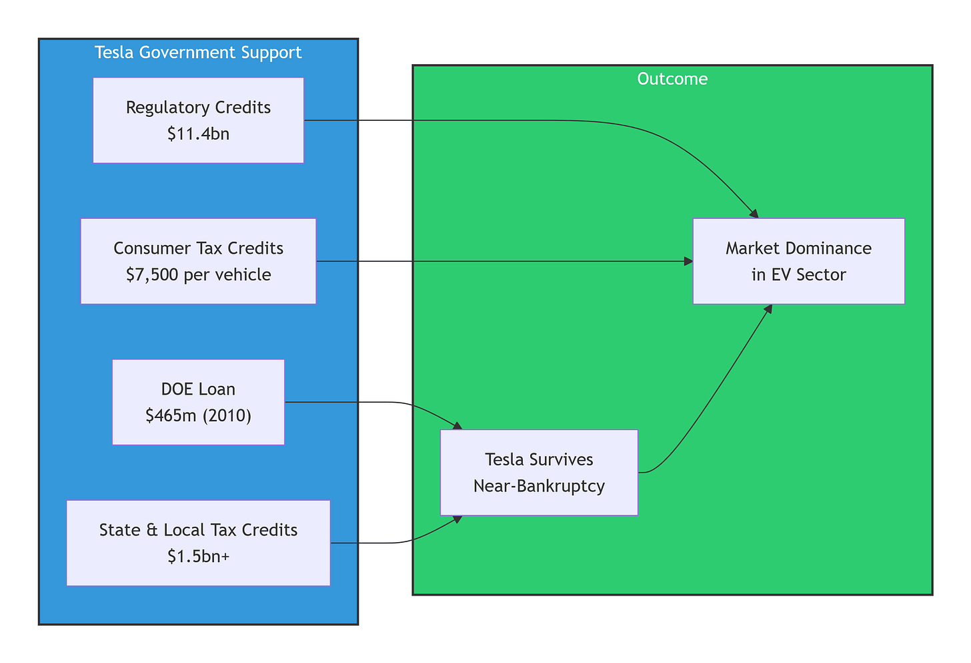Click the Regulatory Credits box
[199, 121]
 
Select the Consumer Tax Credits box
[199, 261]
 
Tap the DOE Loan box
[199, 402]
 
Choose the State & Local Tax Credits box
[199, 543]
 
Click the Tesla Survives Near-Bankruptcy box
[540, 473]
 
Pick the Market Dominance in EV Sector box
[799, 261]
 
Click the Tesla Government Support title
[198, 53]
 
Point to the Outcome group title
[672, 79]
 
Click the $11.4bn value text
[199, 134]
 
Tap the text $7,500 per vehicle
[199, 274]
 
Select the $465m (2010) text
[199, 416]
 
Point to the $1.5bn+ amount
[199, 556]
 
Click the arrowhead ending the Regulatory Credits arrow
[754, 214]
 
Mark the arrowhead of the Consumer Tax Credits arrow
[688, 261]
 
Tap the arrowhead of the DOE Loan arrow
[457, 426]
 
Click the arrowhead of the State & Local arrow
[457, 519]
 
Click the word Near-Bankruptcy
[540, 486]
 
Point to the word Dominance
[829, 248]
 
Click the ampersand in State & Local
[152, 529]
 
